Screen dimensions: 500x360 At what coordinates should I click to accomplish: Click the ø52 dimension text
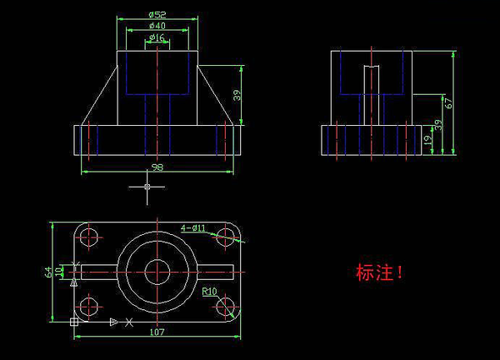pos(157,15)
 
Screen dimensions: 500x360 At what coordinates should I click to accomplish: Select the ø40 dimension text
pos(157,26)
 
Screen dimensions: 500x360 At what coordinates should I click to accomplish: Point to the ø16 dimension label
pos(157,37)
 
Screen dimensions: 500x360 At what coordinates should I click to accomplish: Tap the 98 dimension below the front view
pos(157,167)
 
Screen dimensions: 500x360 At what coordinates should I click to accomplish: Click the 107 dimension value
pos(157,332)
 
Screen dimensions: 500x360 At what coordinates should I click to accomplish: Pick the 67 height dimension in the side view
pos(448,103)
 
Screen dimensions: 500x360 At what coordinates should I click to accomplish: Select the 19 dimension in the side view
pos(428,140)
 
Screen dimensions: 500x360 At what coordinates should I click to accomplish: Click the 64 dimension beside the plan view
pos(48,272)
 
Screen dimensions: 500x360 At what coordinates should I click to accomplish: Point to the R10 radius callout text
pos(209,292)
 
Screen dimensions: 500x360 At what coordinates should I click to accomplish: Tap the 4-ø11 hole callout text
pos(193,228)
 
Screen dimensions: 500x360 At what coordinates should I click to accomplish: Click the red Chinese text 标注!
pos(379,272)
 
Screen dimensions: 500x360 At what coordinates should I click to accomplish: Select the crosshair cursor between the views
pos(147,187)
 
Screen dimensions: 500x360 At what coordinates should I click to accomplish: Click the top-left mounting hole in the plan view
pos(88,237)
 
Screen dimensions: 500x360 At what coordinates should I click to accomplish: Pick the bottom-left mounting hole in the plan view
pos(88,307)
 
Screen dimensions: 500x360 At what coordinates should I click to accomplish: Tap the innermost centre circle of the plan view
pos(157,272)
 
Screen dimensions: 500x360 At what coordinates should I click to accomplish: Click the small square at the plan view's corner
pos(74,322)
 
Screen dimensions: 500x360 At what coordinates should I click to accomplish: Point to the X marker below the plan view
pos(129,322)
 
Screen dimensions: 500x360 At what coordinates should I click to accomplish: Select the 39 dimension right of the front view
pos(237,95)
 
